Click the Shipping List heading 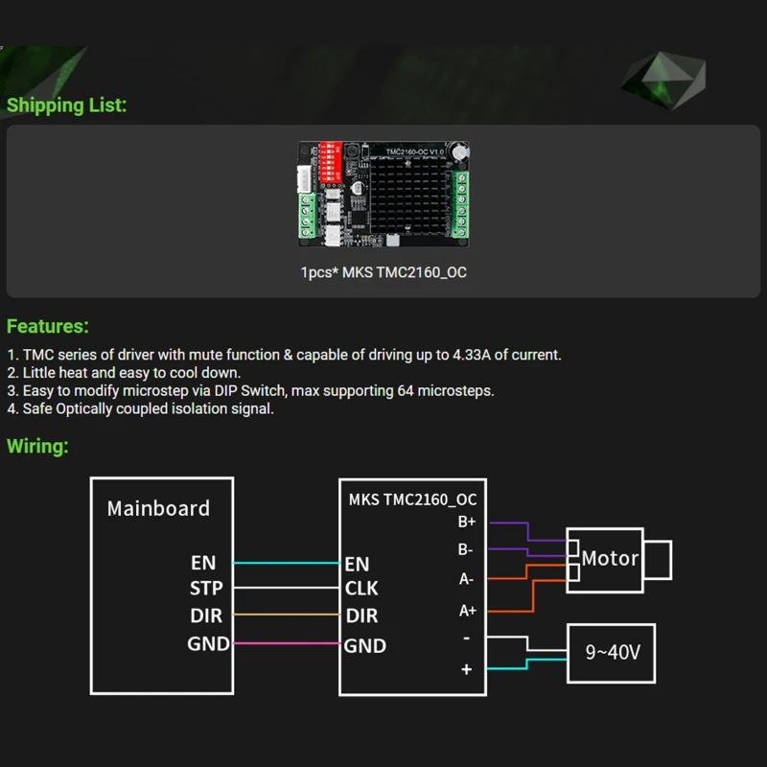pos(66,105)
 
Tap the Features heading pos(48,327)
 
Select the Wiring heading pos(37,446)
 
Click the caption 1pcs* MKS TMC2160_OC pos(383,272)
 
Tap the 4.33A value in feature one pos(471,355)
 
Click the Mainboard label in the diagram pos(158,508)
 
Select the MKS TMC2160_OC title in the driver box pos(412,500)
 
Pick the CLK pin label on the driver pos(361,588)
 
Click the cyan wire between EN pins pos(288,563)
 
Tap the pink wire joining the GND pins pos(288,643)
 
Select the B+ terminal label pos(467,523)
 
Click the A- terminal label pos(467,579)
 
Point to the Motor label pos(610,558)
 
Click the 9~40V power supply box pos(614,653)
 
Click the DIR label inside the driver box pos(361,616)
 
